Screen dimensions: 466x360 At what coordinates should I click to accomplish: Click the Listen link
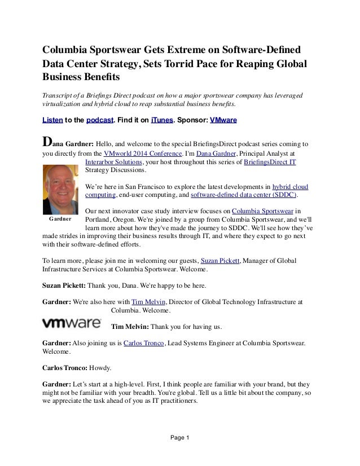pyautogui.click(x=52, y=121)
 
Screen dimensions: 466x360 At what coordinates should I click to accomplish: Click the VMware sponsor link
pyautogui.click(x=223, y=121)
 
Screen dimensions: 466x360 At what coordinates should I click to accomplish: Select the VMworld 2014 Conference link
pyautogui.click(x=138, y=153)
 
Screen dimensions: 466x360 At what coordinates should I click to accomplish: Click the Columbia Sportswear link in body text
pyautogui.click(x=260, y=212)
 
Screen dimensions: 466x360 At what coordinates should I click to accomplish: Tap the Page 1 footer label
pyautogui.click(x=179, y=438)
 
